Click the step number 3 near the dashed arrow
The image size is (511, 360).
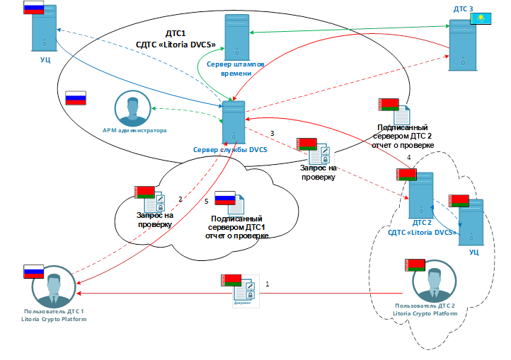[272, 133]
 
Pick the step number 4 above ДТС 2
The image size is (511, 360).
[408, 158]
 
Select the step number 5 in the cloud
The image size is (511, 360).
[206, 202]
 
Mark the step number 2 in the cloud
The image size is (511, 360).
[180, 199]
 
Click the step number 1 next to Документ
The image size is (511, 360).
[267, 284]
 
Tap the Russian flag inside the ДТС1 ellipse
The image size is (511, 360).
[75, 98]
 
